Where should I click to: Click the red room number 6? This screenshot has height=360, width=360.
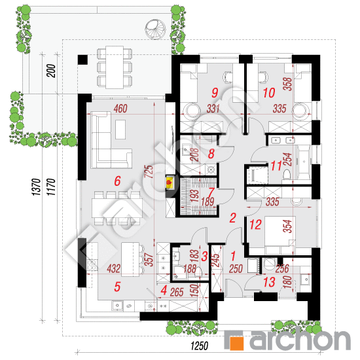click(117, 181)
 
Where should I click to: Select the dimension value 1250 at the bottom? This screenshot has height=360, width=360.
click(199, 346)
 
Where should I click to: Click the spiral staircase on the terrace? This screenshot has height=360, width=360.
click(155, 29)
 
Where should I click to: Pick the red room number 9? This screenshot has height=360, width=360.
click(215, 93)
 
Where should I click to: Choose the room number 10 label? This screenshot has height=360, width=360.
click(269, 93)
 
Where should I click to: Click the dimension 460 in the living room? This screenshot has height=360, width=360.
click(120, 109)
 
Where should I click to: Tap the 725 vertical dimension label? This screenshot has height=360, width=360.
click(149, 171)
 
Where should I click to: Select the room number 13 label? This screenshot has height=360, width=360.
click(269, 282)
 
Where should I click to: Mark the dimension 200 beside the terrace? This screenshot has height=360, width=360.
click(51, 71)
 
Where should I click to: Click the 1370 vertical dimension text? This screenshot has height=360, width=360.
click(37, 187)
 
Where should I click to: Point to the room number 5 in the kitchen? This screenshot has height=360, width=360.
click(117, 287)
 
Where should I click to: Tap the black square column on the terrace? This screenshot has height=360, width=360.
click(82, 60)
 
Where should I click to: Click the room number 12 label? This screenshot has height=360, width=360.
click(255, 225)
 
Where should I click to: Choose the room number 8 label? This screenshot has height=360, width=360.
click(211, 153)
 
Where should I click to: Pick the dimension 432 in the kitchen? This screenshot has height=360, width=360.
click(113, 268)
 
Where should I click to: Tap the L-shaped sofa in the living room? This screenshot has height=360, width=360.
click(111, 139)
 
